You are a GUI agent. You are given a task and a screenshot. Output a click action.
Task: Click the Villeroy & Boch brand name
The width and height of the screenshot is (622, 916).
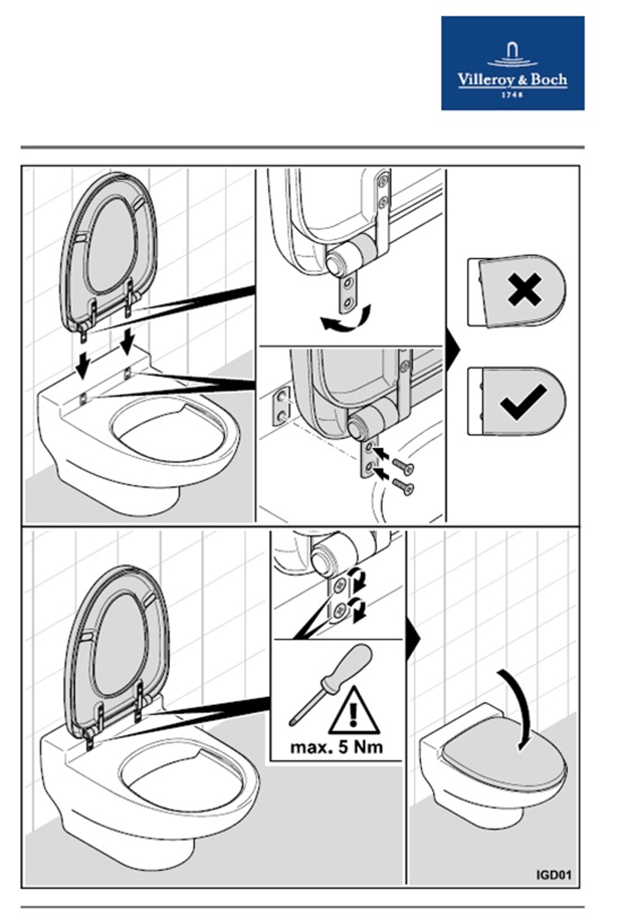pyautogui.click(x=512, y=80)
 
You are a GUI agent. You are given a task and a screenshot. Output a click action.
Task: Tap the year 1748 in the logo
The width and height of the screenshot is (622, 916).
pyautogui.click(x=512, y=95)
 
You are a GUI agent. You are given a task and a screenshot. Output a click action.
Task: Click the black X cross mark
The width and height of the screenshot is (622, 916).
pyautogui.click(x=524, y=290)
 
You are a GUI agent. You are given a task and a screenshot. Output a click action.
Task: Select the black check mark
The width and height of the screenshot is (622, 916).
pyautogui.click(x=523, y=401)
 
